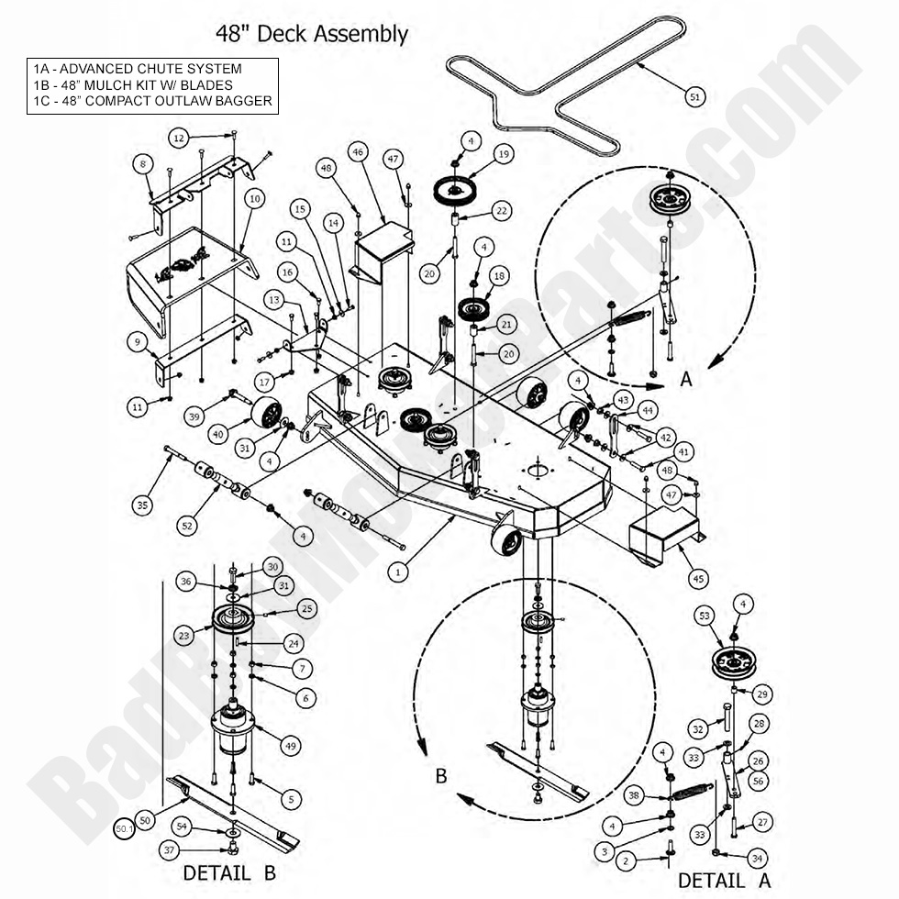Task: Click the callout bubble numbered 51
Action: pyautogui.click(x=694, y=95)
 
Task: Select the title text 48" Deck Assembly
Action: pyautogui.click(x=312, y=35)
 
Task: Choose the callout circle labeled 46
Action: pyautogui.click(x=358, y=151)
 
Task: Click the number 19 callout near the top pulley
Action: pyautogui.click(x=504, y=155)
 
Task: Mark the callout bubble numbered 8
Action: pyautogui.click(x=142, y=164)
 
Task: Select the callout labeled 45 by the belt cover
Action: pyautogui.click(x=698, y=578)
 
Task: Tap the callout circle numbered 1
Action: pyautogui.click(x=397, y=572)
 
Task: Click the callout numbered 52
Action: pyautogui.click(x=187, y=525)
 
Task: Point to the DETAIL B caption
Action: pyautogui.click(x=228, y=871)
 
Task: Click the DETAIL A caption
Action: pyautogui.click(x=724, y=881)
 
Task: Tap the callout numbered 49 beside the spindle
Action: pyautogui.click(x=291, y=747)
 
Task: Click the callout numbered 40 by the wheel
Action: pyautogui.click(x=217, y=435)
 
